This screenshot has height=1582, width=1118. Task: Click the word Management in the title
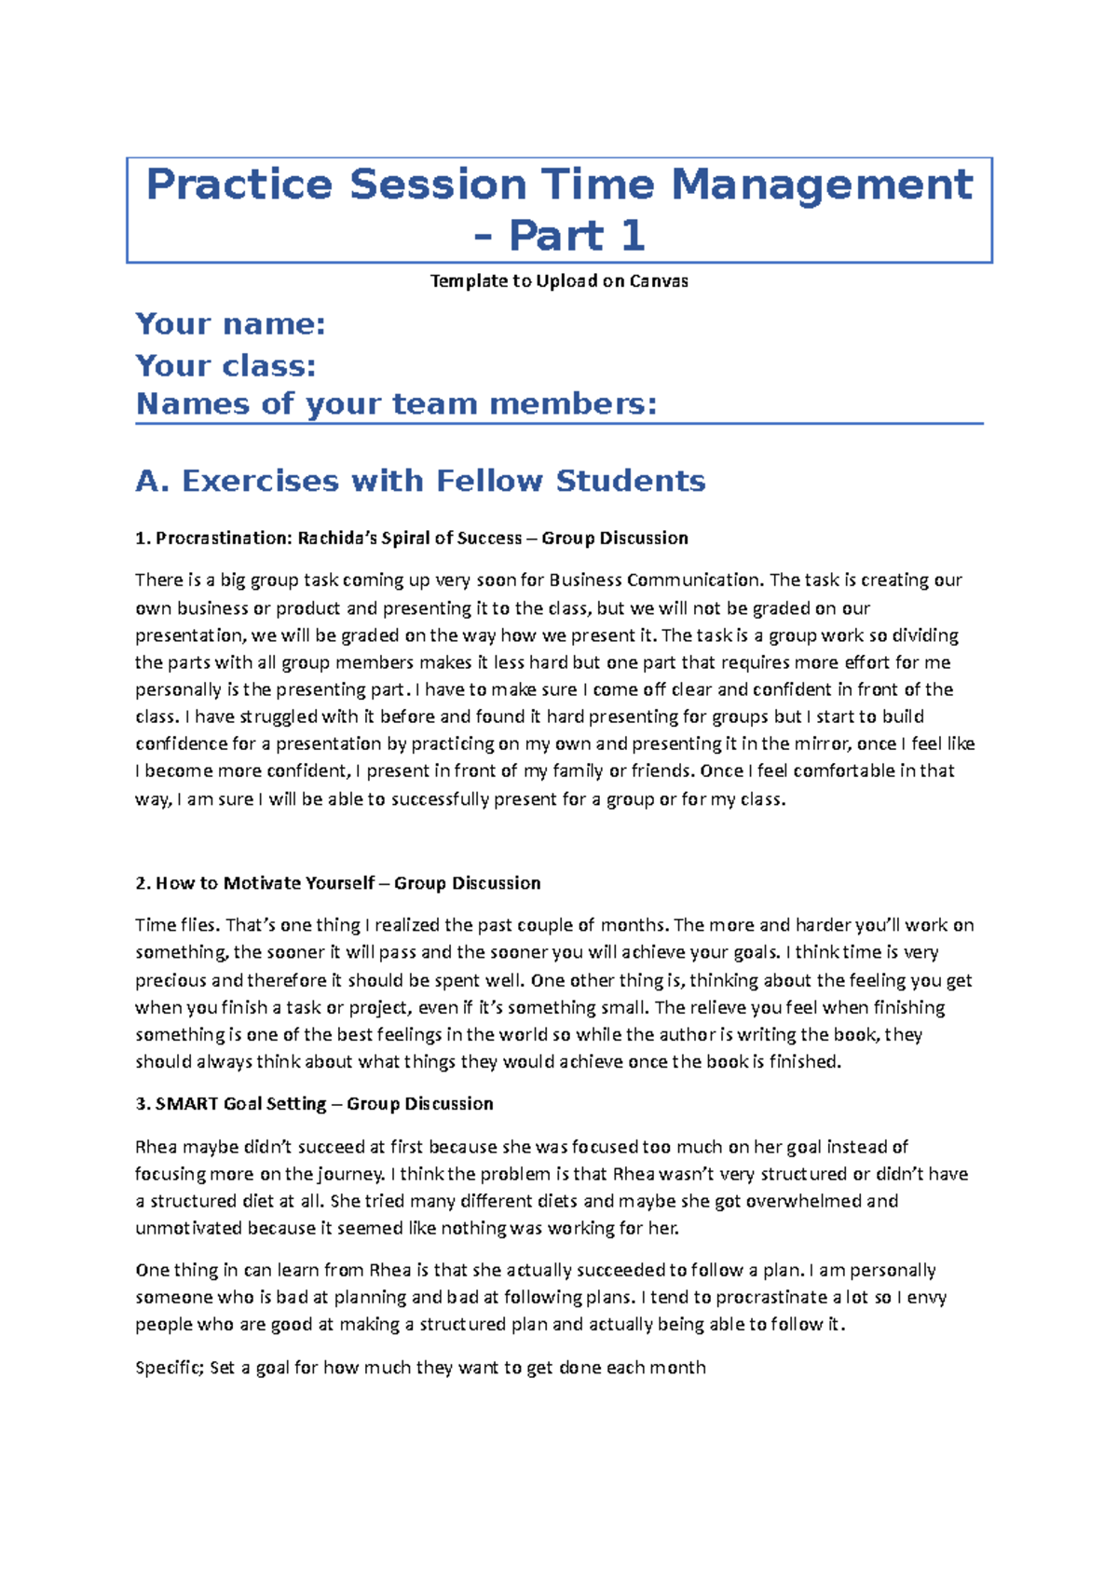click(x=822, y=184)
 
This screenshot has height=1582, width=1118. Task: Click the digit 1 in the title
click(x=633, y=235)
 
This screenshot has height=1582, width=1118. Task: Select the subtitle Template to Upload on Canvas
click(x=559, y=281)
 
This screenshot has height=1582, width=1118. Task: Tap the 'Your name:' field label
click(x=230, y=324)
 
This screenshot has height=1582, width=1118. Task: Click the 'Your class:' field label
click(x=225, y=365)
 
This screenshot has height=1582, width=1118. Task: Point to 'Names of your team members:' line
click(x=396, y=404)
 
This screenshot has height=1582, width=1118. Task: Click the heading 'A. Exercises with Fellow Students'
click(x=420, y=481)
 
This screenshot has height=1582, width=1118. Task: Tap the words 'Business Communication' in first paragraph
click(x=655, y=580)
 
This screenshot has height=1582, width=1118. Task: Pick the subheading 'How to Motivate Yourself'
click(x=265, y=883)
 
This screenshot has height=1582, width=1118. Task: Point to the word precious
click(x=170, y=980)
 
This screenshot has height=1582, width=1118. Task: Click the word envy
click(x=927, y=1297)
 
